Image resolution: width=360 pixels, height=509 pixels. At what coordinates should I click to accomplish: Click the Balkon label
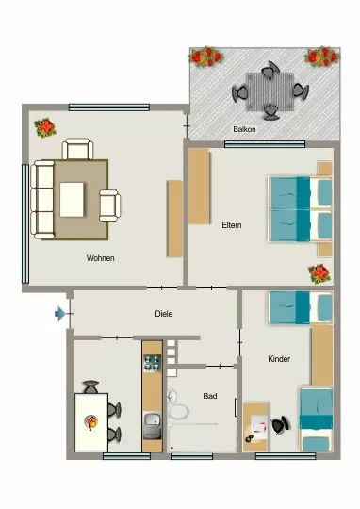pos(244,129)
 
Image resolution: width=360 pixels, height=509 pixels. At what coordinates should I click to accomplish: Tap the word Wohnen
pos(100,258)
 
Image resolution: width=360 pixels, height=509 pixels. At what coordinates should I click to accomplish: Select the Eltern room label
pos(232,225)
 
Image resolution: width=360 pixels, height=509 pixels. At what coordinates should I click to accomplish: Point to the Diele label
pos(164,314)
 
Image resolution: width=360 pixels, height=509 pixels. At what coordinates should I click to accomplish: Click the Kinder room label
pos(279,359)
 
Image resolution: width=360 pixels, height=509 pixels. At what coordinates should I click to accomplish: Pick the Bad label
pos(210,396)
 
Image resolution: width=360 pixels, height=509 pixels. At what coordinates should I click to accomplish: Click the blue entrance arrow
pos(59,314)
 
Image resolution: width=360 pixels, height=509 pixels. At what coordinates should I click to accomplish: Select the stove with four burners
pos(153,363)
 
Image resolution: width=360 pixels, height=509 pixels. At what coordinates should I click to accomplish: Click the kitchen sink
pos(153,425)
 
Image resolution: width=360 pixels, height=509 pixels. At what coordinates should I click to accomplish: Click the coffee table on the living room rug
pos(72,199)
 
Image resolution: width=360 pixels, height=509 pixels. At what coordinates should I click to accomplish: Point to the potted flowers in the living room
pos(45,127)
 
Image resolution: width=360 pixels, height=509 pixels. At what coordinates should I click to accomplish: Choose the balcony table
pos(270,91)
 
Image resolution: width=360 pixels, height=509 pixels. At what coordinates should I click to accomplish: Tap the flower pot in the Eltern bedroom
pos(319,273)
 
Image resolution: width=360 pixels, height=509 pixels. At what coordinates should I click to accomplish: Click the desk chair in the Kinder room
pos(280,425)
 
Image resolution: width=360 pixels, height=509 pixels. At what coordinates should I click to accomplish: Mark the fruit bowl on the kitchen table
pos(91,422)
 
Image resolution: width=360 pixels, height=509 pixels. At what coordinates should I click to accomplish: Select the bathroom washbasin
pos(172,396)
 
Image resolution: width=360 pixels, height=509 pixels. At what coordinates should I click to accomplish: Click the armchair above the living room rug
pos(77,149)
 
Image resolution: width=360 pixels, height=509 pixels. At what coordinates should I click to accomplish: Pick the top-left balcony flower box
pos(206,57)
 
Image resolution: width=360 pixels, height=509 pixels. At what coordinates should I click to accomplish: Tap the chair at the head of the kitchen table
pos(91,387)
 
